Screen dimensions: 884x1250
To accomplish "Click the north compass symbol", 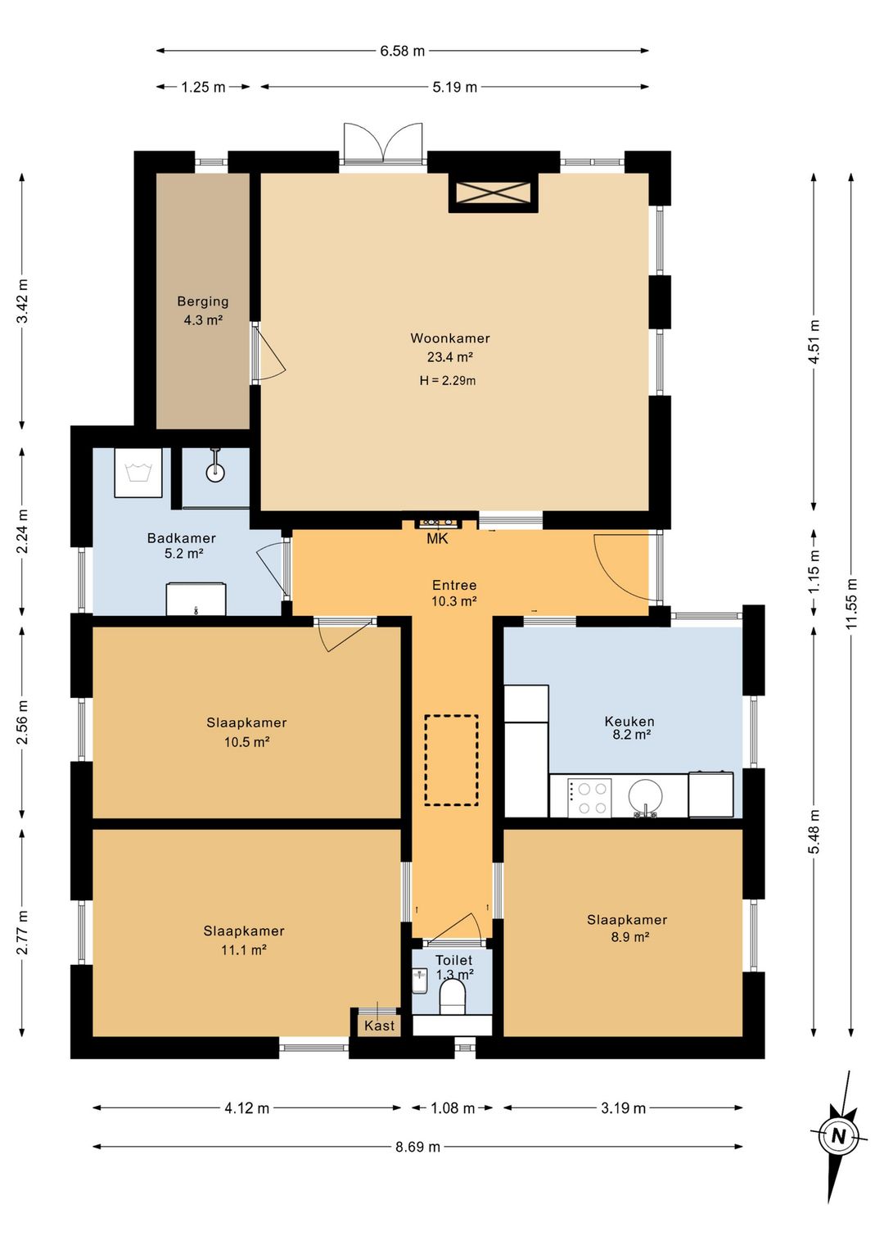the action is (x=837, y=1137).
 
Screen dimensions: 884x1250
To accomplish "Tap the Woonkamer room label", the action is (x=450, y=337).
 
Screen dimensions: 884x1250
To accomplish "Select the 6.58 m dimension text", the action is (x=402, y=52).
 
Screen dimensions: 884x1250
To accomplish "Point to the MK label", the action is (x=437, y=538).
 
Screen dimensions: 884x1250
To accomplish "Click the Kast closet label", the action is (x=379, y=1025).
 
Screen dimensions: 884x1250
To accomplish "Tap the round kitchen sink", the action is (x=645, y=795).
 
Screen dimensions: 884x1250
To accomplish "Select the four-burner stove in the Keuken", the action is (x=589, y=798).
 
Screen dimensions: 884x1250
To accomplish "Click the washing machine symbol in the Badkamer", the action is (x=138, y=472).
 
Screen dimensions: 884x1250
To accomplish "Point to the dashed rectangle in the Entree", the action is (x=451, y=761).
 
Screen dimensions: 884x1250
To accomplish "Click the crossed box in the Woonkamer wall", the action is (x=493, y=192).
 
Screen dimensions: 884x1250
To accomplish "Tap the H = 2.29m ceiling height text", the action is (x=447, y=381).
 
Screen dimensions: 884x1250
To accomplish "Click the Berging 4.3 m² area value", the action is (x=203, y=320).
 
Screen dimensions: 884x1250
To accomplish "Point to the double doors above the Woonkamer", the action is (x=382, y=143).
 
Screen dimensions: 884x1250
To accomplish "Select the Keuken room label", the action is (x=629, y=721).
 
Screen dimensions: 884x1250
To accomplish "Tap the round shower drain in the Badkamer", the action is (x=215, y=473).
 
